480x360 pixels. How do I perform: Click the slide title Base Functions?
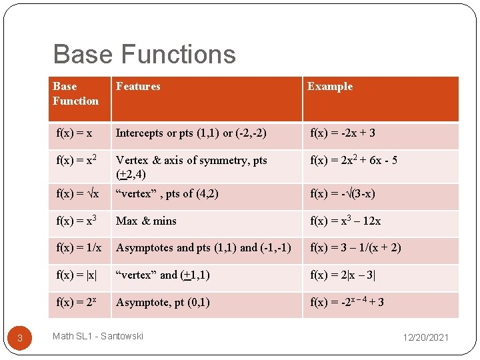click(144, 54)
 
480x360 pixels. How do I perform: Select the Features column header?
click(138, 87)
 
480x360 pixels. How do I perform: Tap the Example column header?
click(329, 87)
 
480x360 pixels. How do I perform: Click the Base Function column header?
click(75, 94)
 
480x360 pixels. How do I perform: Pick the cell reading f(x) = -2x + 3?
click(343, 133)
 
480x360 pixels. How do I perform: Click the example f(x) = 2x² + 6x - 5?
click(353, 160)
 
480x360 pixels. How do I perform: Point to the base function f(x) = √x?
click(78, 194)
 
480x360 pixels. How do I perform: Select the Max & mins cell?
click(146, 221)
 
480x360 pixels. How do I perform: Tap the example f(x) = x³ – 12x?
click(345, 221)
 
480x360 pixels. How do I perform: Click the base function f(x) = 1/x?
click(79, 247)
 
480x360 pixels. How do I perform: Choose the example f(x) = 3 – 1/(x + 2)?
click(355, 247)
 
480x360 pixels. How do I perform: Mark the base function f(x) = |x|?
click(77, 275)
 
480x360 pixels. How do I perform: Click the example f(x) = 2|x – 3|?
click(347, 275)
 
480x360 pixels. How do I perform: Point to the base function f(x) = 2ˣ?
click(77, 302)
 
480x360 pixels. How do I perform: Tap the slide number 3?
click(20, 338)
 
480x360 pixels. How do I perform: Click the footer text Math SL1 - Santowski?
click(98, 336)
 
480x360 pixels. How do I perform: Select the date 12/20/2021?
click(425, 337)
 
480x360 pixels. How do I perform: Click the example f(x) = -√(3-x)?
click(343, 194)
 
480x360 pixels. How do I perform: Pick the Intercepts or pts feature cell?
click(191, 133)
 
